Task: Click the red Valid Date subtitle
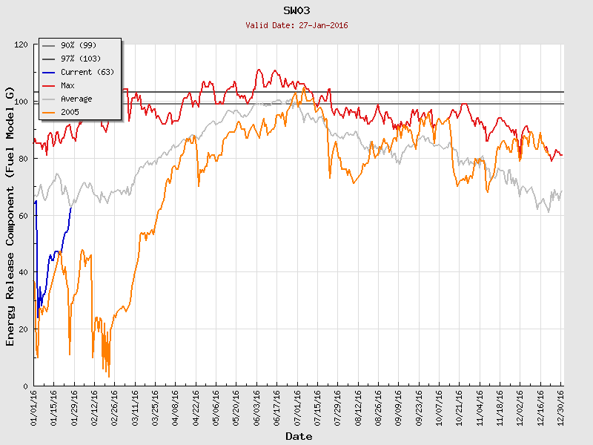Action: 297,25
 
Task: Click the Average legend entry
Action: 77,99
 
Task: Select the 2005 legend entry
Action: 70,112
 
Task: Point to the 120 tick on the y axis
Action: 20,44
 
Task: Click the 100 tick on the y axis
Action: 20,102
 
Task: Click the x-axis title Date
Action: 299,437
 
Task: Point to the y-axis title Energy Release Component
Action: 10,216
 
